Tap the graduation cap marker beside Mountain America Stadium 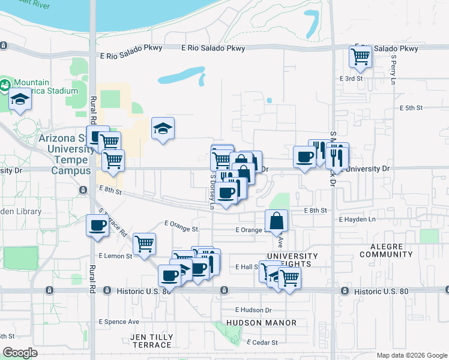point(20,100)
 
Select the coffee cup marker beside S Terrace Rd point(98,226)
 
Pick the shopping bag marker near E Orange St point(276,221)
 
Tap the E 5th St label point(411,108)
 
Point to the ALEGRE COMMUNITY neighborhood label point(387,250)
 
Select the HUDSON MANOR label point(262,323)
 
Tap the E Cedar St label point(262,343)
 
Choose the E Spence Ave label point(119,322)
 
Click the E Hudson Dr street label point(253,310)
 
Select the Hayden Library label point(21,211)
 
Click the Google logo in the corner point(20,352)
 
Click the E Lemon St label point(116,256)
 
